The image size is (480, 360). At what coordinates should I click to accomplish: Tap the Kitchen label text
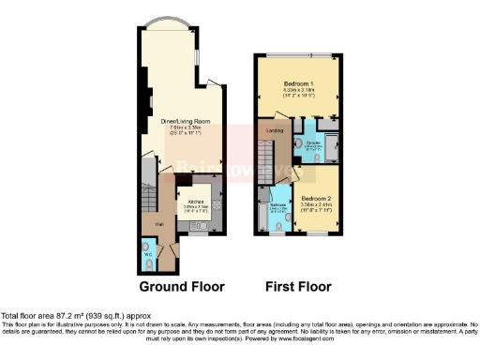198,202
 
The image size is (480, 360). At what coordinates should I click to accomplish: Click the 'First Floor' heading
295,286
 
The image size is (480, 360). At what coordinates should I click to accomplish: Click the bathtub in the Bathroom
262,212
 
